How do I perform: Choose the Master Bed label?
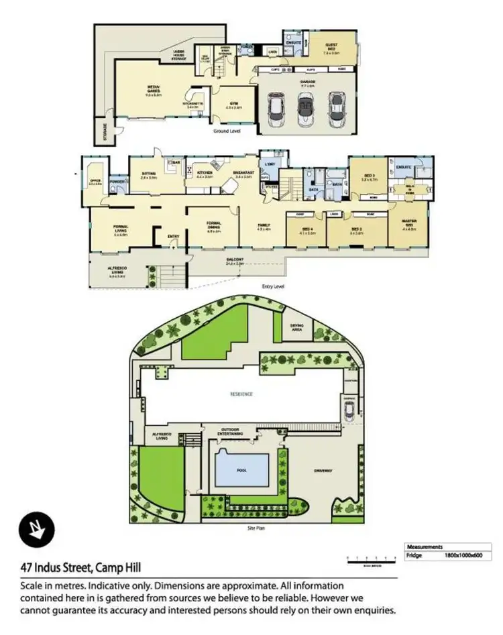point(408,223)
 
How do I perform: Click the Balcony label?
point(233,262)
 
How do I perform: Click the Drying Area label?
point(296,329)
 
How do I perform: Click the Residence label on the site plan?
point(243,394)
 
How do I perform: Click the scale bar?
point(368,558)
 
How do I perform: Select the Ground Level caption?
point(227,131)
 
